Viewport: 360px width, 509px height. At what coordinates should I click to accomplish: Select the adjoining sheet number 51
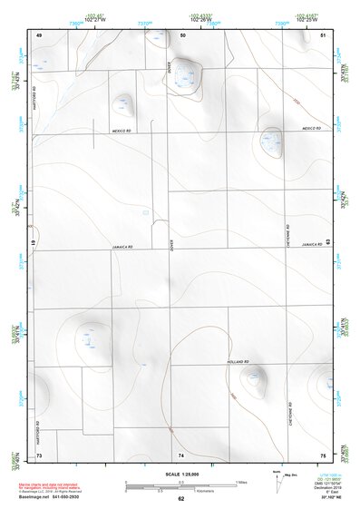pyautogui.click(x=324, y=34)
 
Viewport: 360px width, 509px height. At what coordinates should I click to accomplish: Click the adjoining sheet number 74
pyautogui.click(x=181, y=453)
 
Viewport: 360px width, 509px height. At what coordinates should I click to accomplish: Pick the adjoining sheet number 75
pyautogui.click(x=323, y=453)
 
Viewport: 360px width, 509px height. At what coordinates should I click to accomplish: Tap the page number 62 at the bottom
pyautogui.click(x=181, y=498)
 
